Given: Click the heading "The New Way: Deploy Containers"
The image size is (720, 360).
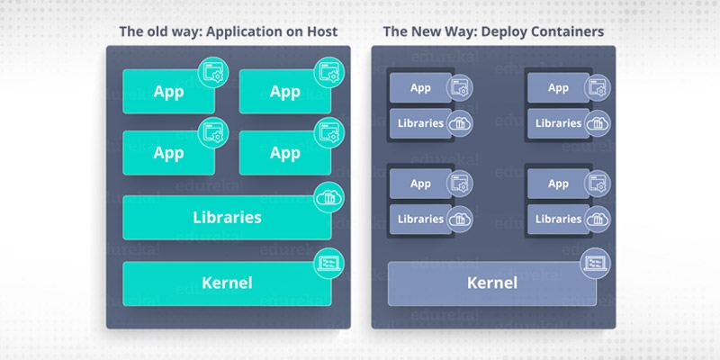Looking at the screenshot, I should pyautogui.click(x=493, y=31).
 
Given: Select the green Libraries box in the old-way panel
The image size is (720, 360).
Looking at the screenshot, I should pyautogui.click(x=227, y=217).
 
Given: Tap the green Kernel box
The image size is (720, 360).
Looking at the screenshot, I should pyautogui.click(x=227, y=283).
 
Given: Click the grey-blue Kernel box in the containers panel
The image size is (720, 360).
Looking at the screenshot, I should pyautogui.click(x=491, y=283).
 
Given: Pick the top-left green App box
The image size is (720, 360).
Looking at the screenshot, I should pyautogui.click(x=168, y=91).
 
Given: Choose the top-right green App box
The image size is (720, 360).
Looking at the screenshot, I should pyautogui.click(x=284, y=91).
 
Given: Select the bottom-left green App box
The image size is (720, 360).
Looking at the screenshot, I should pyautogui.click(x=168, y=153).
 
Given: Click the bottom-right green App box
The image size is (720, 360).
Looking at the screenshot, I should pyautogui.click(x=284, y=153).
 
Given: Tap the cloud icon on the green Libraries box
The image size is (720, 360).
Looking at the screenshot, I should pyautogui.click(x=327, y=196).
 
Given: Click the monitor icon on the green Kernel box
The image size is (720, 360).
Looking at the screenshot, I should pyautogui.click(x=327, y=262).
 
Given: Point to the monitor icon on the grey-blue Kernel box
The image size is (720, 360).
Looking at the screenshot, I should pyautogui.click(x=594, y=262).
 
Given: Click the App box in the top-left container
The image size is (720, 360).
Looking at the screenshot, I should pyautogui.click(x=420, y=88).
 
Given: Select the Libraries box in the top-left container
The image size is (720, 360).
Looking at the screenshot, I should pyautogui.click(x=420, y=122).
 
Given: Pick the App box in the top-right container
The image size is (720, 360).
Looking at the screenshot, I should pyautogui.click(x=558, y=88).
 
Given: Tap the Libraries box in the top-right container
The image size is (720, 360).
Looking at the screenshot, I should pyautogui.click(x=558, y=122).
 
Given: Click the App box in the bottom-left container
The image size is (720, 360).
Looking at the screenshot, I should pyautogui.click(x=420, y=184).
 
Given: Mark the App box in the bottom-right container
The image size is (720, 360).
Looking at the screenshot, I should pyautogui.click(x=558, y=184).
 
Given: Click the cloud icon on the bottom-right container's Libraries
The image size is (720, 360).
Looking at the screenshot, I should pyautogui.click(x=596, y=219).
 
